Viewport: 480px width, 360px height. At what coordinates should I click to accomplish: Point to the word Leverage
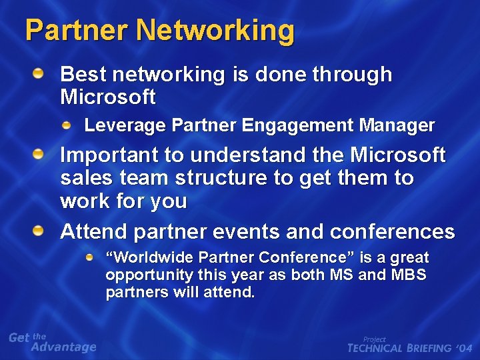click(125, 125)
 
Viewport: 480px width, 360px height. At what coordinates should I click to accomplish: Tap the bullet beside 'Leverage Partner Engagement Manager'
click(67, 124)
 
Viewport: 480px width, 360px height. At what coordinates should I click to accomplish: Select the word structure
click(219, 179)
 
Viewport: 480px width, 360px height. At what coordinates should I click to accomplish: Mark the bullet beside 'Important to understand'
click(41, 155)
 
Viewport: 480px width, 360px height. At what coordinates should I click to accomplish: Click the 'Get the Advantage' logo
click(52, 342)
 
